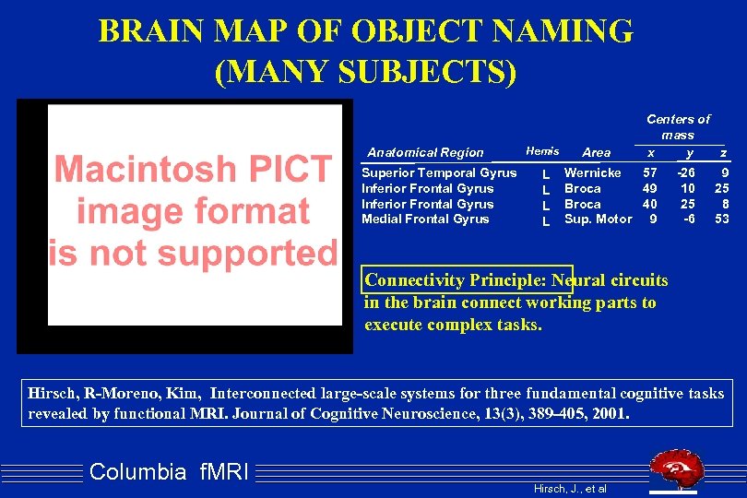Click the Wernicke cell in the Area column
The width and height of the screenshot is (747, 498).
tap(592, 172)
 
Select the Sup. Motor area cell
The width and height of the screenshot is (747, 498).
tap(598, 219)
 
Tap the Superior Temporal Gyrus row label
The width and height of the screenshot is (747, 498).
tap(439, 172)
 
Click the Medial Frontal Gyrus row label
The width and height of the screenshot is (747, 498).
tap(425, 219)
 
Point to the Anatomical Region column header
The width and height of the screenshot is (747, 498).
tap(425, 152)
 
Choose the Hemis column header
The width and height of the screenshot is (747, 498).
tap(542, 150)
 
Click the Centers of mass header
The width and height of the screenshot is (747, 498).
tap(678, 126)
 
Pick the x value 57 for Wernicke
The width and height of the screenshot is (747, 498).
tap(650, 172)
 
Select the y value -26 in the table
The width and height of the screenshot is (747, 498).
tap(685, 172)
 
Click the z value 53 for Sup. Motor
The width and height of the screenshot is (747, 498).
tap(722, 219)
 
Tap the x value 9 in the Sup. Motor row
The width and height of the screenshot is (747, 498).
tap(653, 219)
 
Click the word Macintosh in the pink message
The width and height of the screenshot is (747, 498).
tap(192, 170)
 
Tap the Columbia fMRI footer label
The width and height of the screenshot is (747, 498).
tap(169, 472)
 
